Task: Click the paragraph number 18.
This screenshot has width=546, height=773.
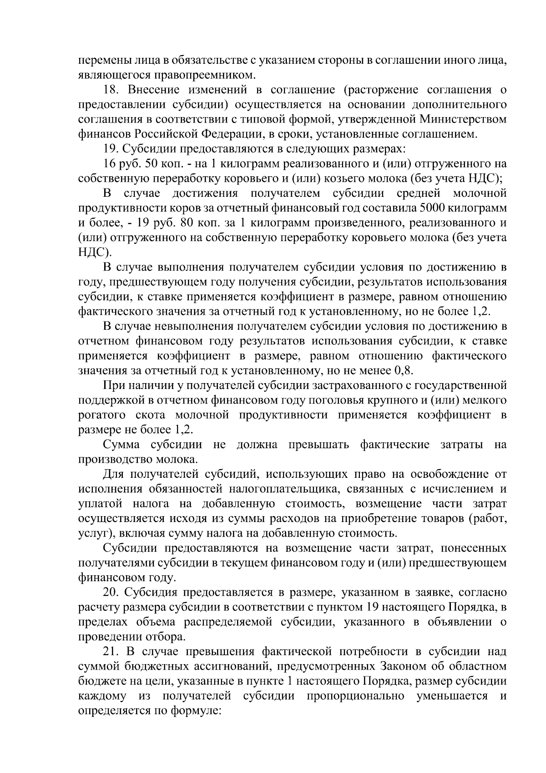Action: point(111,90)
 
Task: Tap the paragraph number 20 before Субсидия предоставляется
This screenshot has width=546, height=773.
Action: point(111,593)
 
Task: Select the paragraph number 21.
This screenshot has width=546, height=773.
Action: point(111,652)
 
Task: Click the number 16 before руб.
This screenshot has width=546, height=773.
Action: point(111,164)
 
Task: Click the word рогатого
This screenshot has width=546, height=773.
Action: point(102,415)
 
